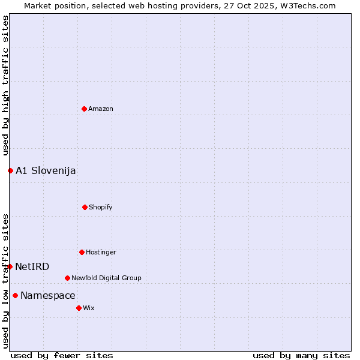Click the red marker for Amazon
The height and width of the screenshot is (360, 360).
(84, 109)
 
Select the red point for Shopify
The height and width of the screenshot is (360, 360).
(85, 207)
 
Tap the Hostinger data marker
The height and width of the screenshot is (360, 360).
(82, 252)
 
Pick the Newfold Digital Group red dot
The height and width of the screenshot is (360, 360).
(67, 278)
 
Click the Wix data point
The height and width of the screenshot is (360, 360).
(79, 308)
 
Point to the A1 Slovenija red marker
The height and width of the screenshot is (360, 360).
(10, 170)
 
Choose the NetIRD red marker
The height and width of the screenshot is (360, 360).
(10, 266)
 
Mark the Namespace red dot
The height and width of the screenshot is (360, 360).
(15, 295)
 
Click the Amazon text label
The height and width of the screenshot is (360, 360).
(101, 109)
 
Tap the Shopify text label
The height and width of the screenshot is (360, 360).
(101, 207)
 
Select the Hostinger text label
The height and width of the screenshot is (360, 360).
(101, 252)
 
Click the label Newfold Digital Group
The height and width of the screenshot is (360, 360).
(106, 278)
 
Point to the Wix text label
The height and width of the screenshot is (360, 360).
(89, 308)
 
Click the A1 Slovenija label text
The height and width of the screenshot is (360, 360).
(46, 170)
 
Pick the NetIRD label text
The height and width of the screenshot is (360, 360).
(32, 266)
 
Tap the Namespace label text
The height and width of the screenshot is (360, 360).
(48, 295)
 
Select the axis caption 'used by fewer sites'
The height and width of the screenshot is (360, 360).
(62, 355)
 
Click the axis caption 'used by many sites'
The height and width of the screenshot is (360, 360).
(301, 355)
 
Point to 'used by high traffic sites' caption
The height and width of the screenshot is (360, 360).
(5, 86)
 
